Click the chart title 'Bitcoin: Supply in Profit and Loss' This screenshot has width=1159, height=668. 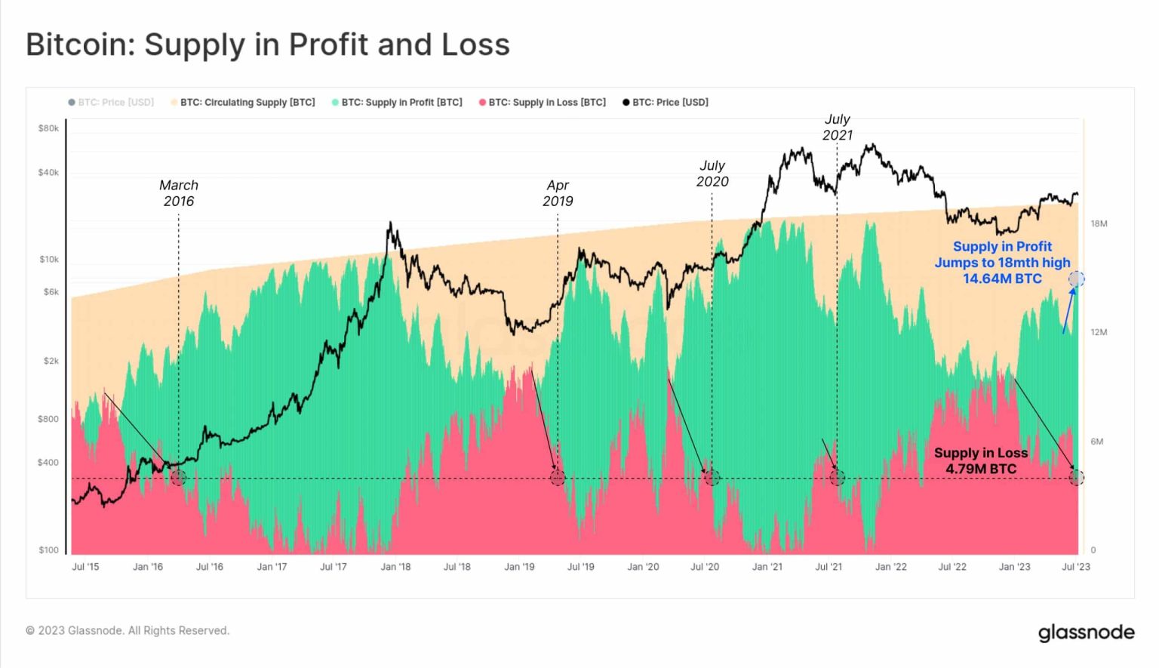pyautogui.click(x=268, y=45)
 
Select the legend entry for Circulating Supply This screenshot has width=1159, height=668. pyautogui.click(x=243, y=103)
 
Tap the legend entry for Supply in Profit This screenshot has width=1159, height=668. pyautogui.click(x=397, y=103)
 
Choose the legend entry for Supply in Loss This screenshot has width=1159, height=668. pyautogui.click(x=543, y=103)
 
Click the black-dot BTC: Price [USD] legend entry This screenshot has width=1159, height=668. pyautogui.click(x=666, y=103)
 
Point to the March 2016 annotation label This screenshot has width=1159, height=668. pyautogui.click(x=179, y=193)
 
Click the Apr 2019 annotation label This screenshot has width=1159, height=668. pyautogui.click(x=558, y=193)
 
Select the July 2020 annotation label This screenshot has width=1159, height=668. pyautogui.click(x=712, y=174)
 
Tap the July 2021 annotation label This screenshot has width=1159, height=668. pyautogui.click(x=837, y=127)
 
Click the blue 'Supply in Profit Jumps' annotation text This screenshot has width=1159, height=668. pyautogui.click(x=1002, y=263)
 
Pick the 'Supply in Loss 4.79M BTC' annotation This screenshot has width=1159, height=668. pyautogui.click(x=981, y=460)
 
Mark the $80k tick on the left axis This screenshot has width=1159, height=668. pyautogui.click(x=48, y=128)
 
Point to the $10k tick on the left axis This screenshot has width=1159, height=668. pyautogui.click(x=48, y=260)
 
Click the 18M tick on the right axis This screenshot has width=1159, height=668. pyautogui.click(x=1099, y=224)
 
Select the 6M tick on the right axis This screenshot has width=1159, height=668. pyautogui.click(x=1096, y=442)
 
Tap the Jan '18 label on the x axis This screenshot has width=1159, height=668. pyautogui.click(x=395, y=567)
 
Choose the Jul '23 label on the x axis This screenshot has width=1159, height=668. pyautogui.click(x=1075, y=567)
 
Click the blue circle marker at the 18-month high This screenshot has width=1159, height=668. pyautogui.click(x=1077, y=279)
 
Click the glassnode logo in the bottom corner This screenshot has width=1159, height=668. pyautogui.click(x=1086, y=632)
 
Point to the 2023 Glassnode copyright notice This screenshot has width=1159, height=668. pyautogui.click(x=128, y=630)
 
